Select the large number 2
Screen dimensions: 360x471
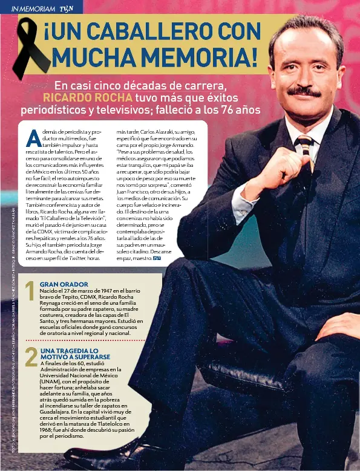(30, 357)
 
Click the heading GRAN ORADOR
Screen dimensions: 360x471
(64, 284)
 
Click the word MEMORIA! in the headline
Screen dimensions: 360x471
(200, 59)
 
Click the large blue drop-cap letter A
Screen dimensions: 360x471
(34, 138)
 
